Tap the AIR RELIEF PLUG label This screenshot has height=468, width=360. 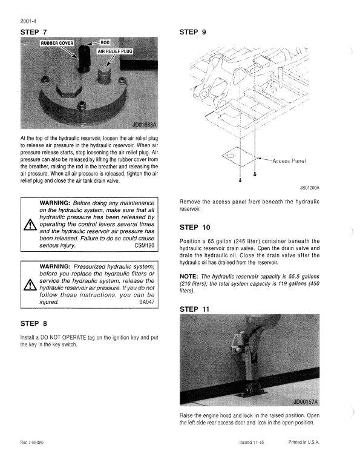[x=115, y=51]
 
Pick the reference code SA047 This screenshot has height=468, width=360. [x=147, y=301]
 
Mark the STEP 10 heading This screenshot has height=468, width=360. [x=195, y=228]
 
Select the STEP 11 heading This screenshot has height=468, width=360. [x=195, y=309]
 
